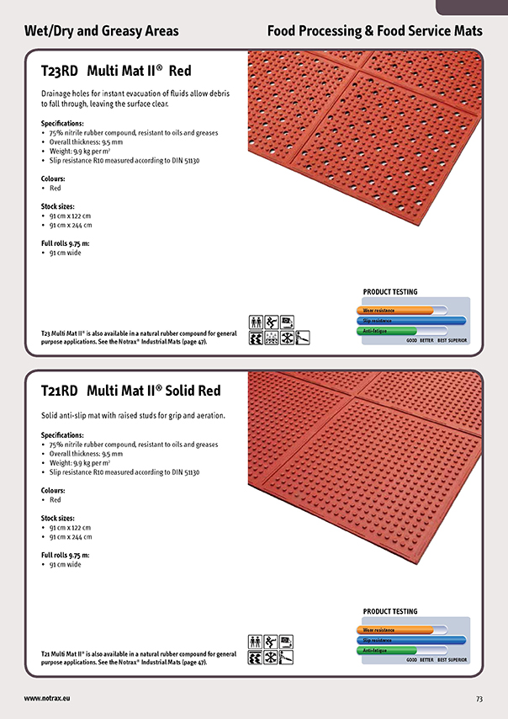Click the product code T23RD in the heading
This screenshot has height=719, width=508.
coord(59,72)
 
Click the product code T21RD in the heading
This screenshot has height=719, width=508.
coord(59,391)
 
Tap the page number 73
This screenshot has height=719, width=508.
coord(479,699)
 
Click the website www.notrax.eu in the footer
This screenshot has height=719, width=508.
coord(47,699)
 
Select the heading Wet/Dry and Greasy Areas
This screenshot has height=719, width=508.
coord(102,31)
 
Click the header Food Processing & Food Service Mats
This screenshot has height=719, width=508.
coord(374,31)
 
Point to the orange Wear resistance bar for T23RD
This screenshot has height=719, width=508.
coord(395,311)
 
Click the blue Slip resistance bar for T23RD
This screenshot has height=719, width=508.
coord(411,321)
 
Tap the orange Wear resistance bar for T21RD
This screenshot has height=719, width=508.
coord(395,630)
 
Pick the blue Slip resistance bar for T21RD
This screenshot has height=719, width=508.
coord(411,640)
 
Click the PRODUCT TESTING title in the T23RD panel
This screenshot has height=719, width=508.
coord(390,292)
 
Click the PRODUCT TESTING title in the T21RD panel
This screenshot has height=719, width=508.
coord(390,611)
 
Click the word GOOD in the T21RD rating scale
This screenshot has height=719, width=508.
coord(412,660)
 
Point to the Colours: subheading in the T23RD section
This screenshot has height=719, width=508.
coord(53,178)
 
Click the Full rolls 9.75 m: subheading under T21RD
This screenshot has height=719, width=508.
coord(65,555)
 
